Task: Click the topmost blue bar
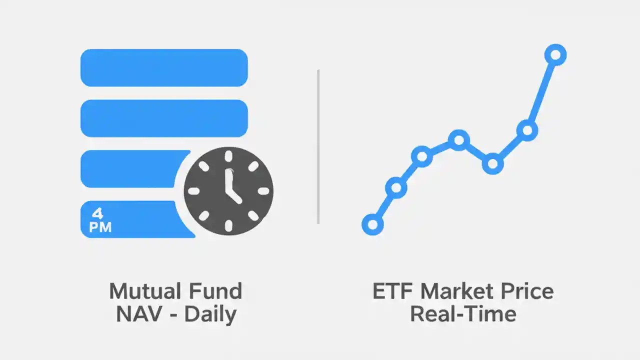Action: coord(164,67)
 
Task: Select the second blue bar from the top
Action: coord(164,118)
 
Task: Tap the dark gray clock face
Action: coord(228,190)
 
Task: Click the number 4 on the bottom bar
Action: coord(98,213)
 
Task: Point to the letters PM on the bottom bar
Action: coord(100,227)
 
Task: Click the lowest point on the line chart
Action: coord(372,224)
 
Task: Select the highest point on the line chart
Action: coord(555,54)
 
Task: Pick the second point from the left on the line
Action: coord(396,187)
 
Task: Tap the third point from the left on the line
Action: coord(422,156)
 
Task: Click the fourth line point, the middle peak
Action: coord(458,140)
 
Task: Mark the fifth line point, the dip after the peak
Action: coord(492,163)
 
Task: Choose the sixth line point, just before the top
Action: coord(527,130)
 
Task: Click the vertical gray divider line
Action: coord(318,146)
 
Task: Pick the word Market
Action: coord(455,291)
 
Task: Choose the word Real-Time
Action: coord(462,314)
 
